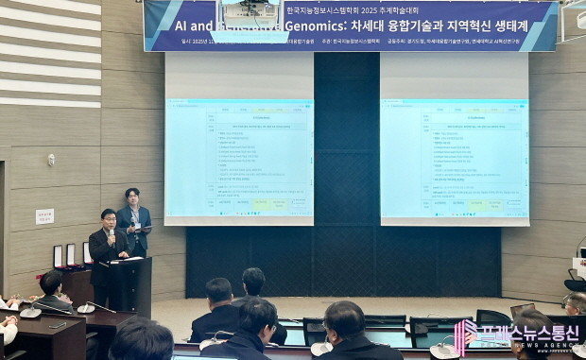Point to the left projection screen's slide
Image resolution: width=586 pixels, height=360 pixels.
point(239,158)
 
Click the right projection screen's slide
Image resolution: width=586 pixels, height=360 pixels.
point(454,158)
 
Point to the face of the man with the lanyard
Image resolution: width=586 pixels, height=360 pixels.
point(132,197)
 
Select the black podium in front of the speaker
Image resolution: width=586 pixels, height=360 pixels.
point(129,283)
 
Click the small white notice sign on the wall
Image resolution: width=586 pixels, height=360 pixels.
point(44,216)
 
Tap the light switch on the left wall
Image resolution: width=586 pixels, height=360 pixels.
point(51,160)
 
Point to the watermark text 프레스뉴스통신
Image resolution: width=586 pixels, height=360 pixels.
point(529,333)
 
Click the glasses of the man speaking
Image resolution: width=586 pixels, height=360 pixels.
point(108,220)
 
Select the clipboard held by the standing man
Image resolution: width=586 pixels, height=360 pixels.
point(140,228)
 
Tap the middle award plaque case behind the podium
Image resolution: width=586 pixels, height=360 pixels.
point(71,255)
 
